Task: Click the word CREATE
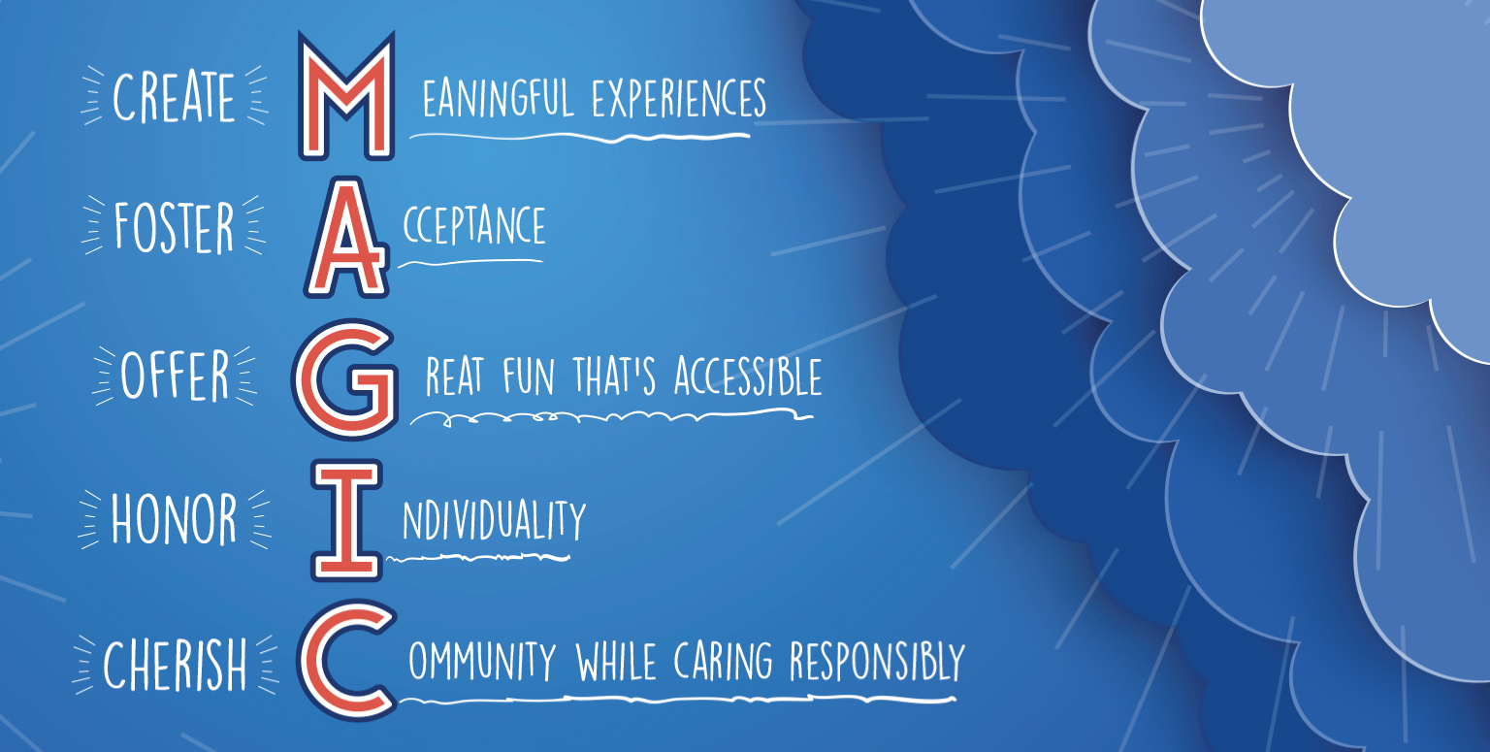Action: click(x=174, y=97)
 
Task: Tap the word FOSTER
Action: click(x=175, y=227)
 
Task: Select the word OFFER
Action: click(x=175, y=375)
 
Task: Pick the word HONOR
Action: click(x=174, y=520)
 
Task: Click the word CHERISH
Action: click(x=175, y=664)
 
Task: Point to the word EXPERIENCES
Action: click(x=679, y=99)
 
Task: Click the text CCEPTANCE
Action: click(x=474, y=225)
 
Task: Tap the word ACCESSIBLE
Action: click(x=748, y=376)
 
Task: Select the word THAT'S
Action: click(x=615, y=376)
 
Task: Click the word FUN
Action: click(x=528, y=376)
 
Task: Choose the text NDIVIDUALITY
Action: click(x=494, y=520)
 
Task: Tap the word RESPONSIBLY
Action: click(x=877, y=662)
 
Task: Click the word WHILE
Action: click(x=616, y=662)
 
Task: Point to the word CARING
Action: click(x=723, y=662)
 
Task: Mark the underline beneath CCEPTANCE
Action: click(x=470, y=262)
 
